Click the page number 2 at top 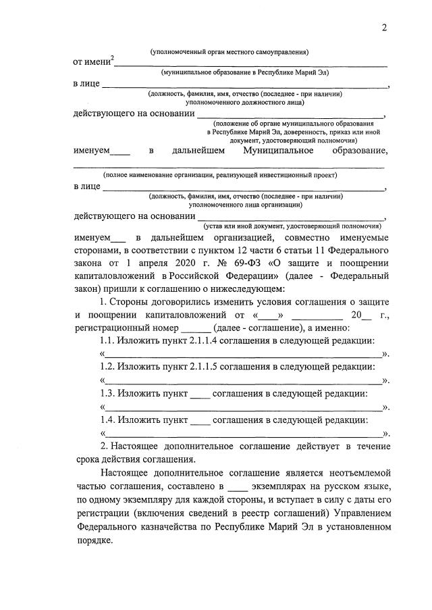(384, 28)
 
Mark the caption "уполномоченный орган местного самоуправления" (230, 52)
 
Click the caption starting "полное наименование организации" (220, 174)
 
